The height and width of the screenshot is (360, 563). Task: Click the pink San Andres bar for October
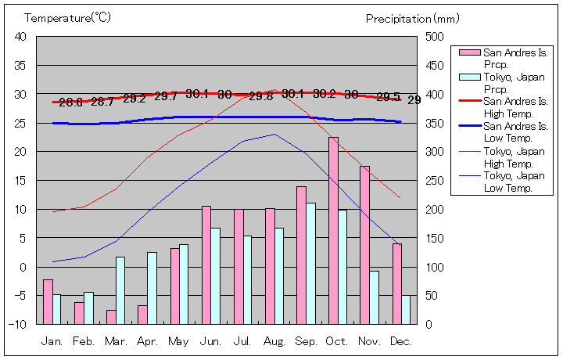(x=333, y=230)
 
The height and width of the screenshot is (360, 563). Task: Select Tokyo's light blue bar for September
(x=311, y=263)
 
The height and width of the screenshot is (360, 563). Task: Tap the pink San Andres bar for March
(x=111, y=317)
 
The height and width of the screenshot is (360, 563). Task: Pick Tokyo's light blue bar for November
(x=375, y=297)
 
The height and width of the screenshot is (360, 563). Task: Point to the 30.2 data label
(x=325, y=94)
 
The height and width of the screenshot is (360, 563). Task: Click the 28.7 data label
(x=102, y=102)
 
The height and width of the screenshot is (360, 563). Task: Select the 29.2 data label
(x=134, y=99)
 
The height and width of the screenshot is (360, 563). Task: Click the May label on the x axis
(x=178, y=341)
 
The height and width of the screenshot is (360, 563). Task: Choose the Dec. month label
(x=400, y=341)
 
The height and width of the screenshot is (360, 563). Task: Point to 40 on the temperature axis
(x=20, y=37)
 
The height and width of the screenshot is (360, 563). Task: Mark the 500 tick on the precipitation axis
(x=435, y=37)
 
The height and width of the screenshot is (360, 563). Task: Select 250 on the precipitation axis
(x=435, y=180)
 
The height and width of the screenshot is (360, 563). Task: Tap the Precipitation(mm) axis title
(x=413, y=17)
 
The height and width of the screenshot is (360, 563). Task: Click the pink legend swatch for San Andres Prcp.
(x=468, y=52)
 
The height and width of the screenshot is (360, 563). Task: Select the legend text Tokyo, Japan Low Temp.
(x=514, y=182)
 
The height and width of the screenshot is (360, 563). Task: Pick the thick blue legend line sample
(x=468, y=128)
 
